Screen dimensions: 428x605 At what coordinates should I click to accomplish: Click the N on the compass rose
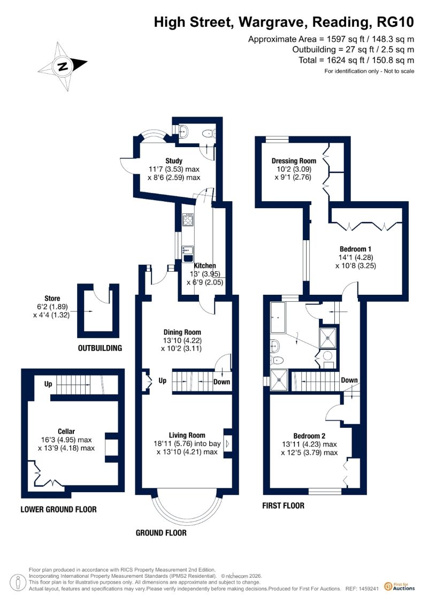pyautogui.click(x=62, y=66)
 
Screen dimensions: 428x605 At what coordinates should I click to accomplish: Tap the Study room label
pyautogui.click(x=174, y=160)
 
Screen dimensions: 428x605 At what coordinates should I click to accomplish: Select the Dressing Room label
pyautogui.click(x=294, y=160)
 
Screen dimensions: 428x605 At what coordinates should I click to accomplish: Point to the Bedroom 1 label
pyautogui.click(x=355, y=249)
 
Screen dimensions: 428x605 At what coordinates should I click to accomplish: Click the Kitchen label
pyautogui.click(x=204, y=265)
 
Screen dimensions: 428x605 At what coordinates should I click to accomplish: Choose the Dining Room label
pyautogui.click(x=182, y=332)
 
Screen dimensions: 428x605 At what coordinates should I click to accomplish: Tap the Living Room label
pyautogui.click(x=187, y=435)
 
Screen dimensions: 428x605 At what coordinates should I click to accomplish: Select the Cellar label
pyautogui.click(x=66, y=431)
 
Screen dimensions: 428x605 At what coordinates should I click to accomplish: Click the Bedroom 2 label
pyautogui.click(x=309, y=435)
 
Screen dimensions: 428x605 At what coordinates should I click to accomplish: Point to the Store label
pyautogui.click(x=52, y=298)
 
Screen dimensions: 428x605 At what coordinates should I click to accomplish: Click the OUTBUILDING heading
pyautogui.click(x=100, y=348)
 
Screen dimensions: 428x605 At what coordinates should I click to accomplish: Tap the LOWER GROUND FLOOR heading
pyautogui.click(x=59, y=509)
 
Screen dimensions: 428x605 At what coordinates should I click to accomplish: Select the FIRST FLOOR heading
pyautogui.click(x=283, y=506)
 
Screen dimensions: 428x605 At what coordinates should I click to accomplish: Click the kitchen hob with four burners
pyautogui.click(x=188, y=220)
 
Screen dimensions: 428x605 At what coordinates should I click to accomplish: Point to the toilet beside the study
pyautogui.click(x=209, y=133)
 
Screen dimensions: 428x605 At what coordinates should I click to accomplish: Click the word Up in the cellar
pyautogui.click(x=48, y=384)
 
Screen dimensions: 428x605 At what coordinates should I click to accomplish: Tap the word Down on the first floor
pyautogui.click(x=349, y=380)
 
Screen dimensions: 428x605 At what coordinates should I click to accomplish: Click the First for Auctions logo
pyautogui.click(x=400, y=586)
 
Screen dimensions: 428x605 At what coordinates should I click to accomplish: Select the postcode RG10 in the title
pyautogui.click(x=395, y=22)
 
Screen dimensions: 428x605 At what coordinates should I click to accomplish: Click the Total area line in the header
pyautogui.click(x=356, y=60)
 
